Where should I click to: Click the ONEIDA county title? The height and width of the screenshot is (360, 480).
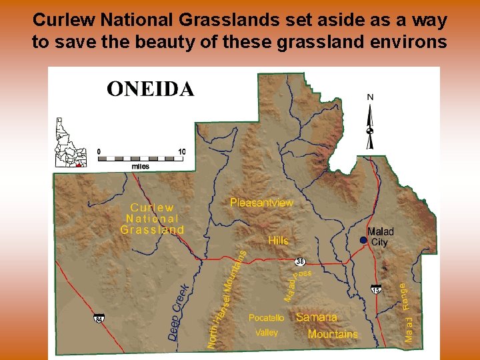tap(151, 89)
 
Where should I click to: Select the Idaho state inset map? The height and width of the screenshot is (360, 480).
tap(70, 142)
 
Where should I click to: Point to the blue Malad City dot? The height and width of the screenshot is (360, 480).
tap(363, 240)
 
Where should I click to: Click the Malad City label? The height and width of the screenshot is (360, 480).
tap(381, 237)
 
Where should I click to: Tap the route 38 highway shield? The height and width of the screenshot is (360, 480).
tap(300, 261)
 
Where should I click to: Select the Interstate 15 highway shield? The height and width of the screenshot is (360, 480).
tap(377, 290)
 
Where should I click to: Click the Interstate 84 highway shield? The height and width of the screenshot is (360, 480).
tap(99, 319)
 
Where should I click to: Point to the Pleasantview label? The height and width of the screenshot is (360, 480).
tap(261, 202)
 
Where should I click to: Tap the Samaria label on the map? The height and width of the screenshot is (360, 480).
tap(317, 317)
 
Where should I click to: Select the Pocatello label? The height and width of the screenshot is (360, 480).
tap(266, 318)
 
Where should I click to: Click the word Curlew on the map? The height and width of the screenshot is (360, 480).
tap(152, 208)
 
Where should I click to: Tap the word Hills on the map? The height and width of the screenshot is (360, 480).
tap(278, 240)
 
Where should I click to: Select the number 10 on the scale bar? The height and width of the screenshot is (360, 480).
tap(181, 151)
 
